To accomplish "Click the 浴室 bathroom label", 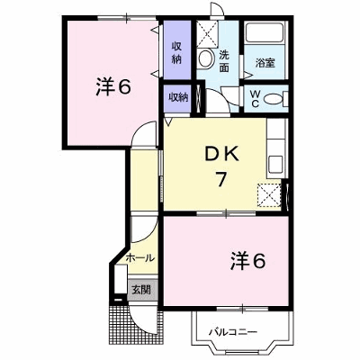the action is pos(265,63).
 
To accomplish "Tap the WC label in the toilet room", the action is pos(255,99).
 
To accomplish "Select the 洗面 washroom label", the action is pos(224,61).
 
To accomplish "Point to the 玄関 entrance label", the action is pos(141,290).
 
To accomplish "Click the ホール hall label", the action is pos(140,257).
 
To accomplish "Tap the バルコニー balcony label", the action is pos(233,332).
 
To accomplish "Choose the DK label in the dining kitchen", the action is pos(221,156).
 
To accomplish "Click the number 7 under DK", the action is pos(220,179).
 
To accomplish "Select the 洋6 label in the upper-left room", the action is pos(113,87).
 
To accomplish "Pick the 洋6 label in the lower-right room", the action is pos(247,261).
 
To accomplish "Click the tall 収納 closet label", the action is pos(176,53).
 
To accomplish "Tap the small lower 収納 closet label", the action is pos(178,97).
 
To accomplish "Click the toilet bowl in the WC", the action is pos(275,99).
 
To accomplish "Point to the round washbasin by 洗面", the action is pos(206,58).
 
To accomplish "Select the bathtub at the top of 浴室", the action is pos(264,31).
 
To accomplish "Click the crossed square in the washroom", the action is pos(207,34).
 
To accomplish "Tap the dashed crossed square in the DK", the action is pos(269,195).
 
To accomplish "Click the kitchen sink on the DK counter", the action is pos(275,166).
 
